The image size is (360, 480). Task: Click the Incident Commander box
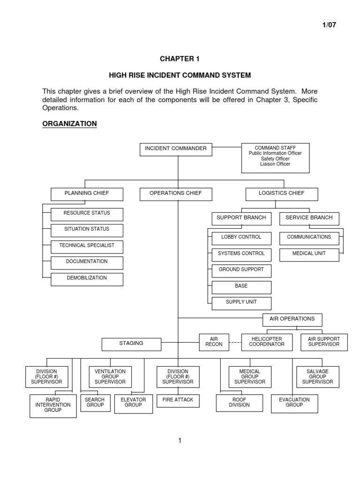(x=176, y=149)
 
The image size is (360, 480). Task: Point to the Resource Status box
(x=87, y=214)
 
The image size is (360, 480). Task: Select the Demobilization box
(x=87, y=279)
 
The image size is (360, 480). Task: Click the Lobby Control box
(x=241, y=238)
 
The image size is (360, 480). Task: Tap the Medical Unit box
(x=309, y=254)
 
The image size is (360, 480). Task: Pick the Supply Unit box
(x=241, y=303)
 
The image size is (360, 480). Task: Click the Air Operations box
(x=292, y=320)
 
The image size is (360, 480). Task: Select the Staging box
(x=131, y=344)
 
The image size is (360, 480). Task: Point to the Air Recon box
(x=214, y=342)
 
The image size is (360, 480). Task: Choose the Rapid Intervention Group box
(x=53, y=405)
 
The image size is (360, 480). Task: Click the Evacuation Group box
(x=294, y=403)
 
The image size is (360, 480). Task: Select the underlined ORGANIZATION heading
(x=69, y=124)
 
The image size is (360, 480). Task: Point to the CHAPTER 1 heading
(x=180, y=59)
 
